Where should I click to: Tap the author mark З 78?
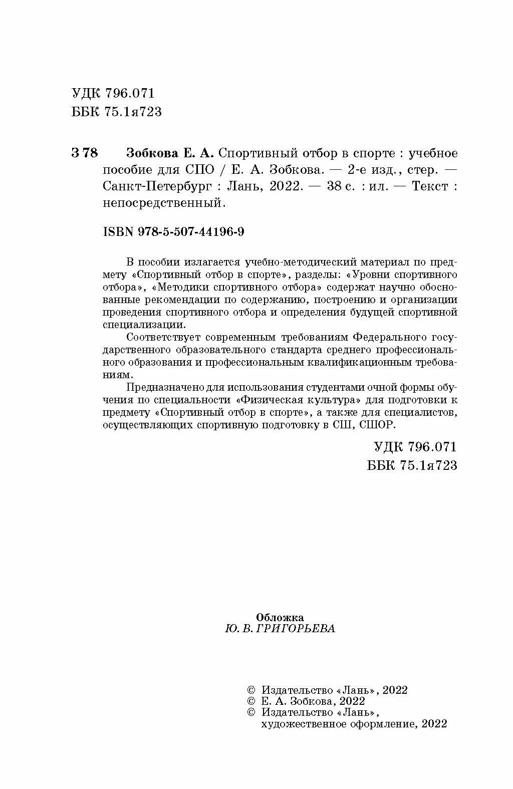click(85, 153)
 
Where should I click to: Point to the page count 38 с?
click(341, 186)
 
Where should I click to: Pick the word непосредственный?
click(161, 203)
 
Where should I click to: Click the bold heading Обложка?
click(280, 617)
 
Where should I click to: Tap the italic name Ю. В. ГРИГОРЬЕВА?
click(280, 629)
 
